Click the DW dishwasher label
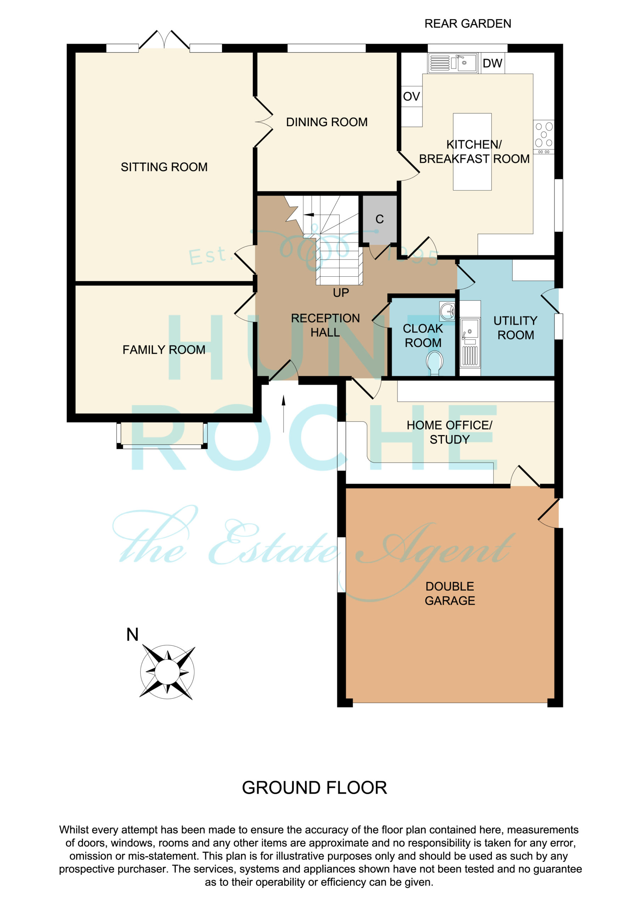(x=492, y=63)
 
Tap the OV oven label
(x=411, y=96)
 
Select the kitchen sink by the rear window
(x=453, y=63)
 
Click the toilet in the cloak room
(x=435, y=362)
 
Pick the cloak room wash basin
(x=447, y=312)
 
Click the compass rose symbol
(x=167, y=671)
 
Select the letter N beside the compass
(x=132, y=635)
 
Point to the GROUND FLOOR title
(x=314, y=788)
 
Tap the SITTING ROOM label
(x=164, y=167)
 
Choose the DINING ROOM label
(x=327, y=122)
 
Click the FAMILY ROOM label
(x=164, y=350)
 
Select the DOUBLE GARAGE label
(x=450, y=593)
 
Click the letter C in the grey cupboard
(x=380, y=219)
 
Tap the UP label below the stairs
(x=341, y=293)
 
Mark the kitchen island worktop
(x=472, y=152)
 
